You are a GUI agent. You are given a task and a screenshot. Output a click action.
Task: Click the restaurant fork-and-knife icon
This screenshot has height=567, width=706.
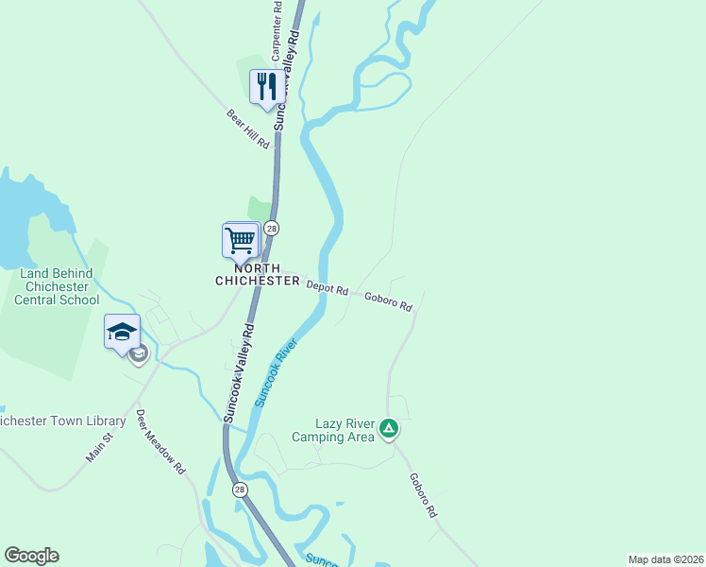[x=265, y=87]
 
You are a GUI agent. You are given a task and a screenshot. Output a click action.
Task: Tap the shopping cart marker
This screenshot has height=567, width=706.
[x=241, y=240]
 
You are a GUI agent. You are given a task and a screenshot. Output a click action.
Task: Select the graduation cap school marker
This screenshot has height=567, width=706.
[x=122, y=332]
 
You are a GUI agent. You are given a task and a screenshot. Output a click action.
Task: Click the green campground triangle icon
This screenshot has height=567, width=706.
[x=388, y=430]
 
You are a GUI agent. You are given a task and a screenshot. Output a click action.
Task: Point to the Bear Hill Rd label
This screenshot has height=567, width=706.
[x=248, y=129]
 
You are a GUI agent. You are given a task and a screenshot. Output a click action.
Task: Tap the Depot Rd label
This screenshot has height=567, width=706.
[x=327, y=287]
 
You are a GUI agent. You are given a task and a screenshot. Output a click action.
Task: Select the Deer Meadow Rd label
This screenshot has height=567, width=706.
[x=160, y=442]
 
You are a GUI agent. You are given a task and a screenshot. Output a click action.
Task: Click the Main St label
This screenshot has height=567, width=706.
[x=99, y=447]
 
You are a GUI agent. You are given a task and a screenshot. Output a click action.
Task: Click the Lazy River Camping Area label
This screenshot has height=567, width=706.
[x=333, y=430]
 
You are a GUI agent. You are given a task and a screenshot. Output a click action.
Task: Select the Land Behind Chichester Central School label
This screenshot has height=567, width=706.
[x=59, y=286]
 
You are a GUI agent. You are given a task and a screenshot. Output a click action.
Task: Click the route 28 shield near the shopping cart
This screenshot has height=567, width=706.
[x=272, y=228]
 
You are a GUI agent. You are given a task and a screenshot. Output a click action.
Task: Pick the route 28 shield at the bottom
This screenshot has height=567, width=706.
[x=241, y=488]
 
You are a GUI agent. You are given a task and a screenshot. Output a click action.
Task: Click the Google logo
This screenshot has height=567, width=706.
[x=31, y=556]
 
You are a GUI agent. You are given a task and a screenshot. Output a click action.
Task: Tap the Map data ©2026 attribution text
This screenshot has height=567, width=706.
[x=665, y=558]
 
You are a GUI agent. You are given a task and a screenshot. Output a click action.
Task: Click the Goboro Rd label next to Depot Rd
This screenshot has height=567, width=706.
[x=388, y=301]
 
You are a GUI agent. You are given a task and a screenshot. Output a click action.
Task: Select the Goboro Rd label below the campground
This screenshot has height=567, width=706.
[x=423, y=494]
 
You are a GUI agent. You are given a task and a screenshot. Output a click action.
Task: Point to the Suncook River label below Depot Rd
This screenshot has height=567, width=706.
[x=275, y=373]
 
